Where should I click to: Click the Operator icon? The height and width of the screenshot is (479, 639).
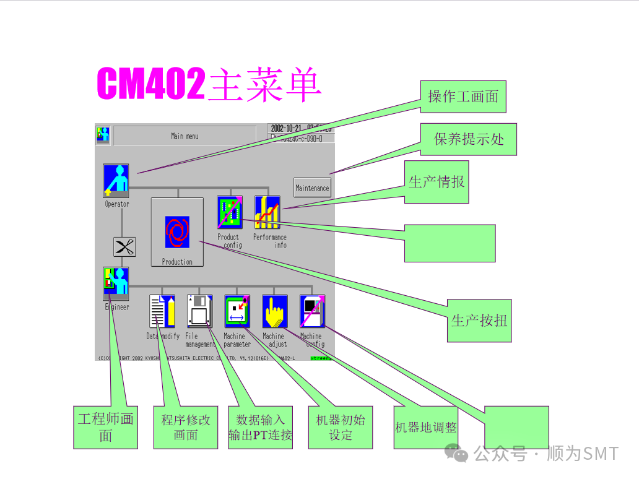tap(116, 180)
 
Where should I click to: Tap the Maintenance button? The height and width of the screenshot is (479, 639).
tap(312, 188)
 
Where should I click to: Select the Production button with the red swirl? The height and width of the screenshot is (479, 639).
tap(177, 232)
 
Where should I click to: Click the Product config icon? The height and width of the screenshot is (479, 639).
tap(230, 212)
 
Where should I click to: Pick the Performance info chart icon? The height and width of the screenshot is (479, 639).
tap(267, 212)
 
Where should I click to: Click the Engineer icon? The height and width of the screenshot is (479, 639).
tap(116, 284)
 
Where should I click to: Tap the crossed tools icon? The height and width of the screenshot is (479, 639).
tap(124, 247)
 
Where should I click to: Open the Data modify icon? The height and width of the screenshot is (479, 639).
tap(162, 311)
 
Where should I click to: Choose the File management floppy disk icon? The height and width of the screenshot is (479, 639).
tap(199, 311)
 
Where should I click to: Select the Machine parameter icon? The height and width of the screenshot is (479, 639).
tap(237, 311)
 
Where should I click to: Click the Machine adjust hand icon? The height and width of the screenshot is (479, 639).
tap(274, 311)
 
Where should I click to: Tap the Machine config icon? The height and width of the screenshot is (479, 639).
tap(312, 311)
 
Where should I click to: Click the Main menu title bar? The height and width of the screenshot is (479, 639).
tap(185, 136)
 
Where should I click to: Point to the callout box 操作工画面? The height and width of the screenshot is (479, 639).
tap(463, 97)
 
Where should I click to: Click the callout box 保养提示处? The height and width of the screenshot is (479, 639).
tap(468, 139)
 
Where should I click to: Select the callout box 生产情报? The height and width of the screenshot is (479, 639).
tap(437, 181)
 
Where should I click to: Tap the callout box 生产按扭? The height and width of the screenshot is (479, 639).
tap(479, 320)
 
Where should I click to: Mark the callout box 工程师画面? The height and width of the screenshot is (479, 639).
tap(105, 427)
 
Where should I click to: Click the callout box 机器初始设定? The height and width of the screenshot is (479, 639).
tap(341, 427)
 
